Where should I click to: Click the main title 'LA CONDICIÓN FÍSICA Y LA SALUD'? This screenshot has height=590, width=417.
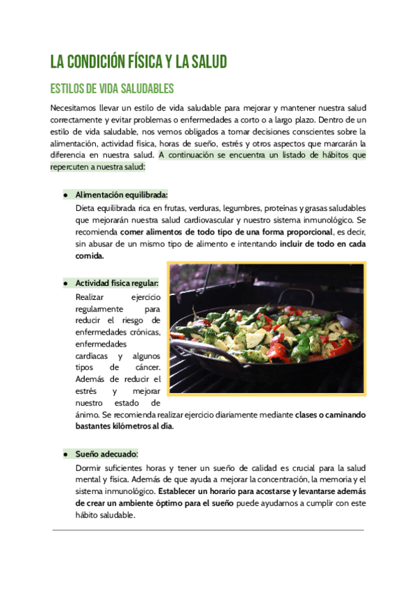[138, 63]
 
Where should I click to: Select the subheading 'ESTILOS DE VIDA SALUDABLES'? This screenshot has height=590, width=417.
[111, 89]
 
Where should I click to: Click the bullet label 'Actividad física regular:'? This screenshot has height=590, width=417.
[117, 283]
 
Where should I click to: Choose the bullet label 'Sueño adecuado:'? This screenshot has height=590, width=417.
[106, 454]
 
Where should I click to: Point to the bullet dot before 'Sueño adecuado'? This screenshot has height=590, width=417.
[65, 454]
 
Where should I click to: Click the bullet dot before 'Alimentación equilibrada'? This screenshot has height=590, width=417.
[65, 195]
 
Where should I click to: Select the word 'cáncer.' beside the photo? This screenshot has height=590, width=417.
[145, 367]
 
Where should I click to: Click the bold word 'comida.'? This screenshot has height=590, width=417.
[89, 256]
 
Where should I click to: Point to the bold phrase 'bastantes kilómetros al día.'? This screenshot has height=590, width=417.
[124, 426]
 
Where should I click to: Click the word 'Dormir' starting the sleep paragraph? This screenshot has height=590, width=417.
[88, 468]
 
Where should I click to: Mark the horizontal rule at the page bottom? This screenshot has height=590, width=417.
[208, 530]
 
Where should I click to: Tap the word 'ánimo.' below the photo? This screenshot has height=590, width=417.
[88, 415]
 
